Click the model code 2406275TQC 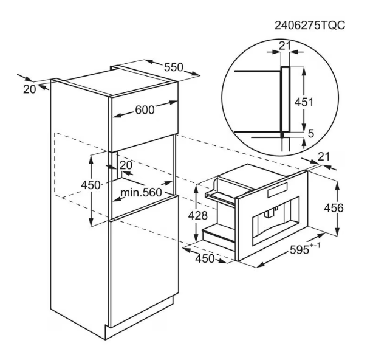311,25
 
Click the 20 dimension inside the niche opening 126,165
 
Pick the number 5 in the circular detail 312,134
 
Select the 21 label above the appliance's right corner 324,157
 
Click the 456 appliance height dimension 351,208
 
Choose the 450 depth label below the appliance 205,260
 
